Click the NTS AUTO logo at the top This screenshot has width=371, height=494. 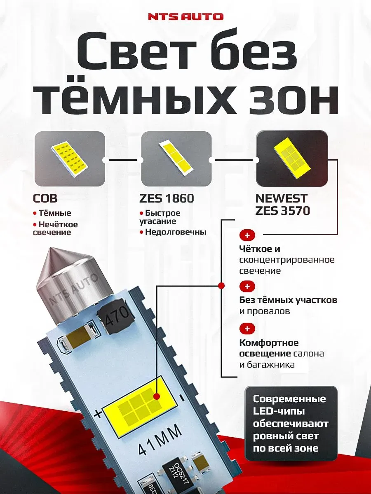click(185, 17)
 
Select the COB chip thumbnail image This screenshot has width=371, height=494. click(70, 158)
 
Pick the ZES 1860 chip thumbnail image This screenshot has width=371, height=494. click(176, 158)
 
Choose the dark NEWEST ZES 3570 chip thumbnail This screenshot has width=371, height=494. click(292, 158)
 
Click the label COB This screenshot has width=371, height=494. click(45, 199)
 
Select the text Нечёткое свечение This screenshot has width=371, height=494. click(55, 228)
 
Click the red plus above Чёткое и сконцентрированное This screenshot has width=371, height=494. click(247, 235)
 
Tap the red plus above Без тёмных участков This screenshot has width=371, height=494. click(247, 286)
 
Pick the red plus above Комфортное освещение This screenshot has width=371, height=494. click(247, 329)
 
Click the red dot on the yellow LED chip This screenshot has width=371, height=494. click(157, 396)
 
